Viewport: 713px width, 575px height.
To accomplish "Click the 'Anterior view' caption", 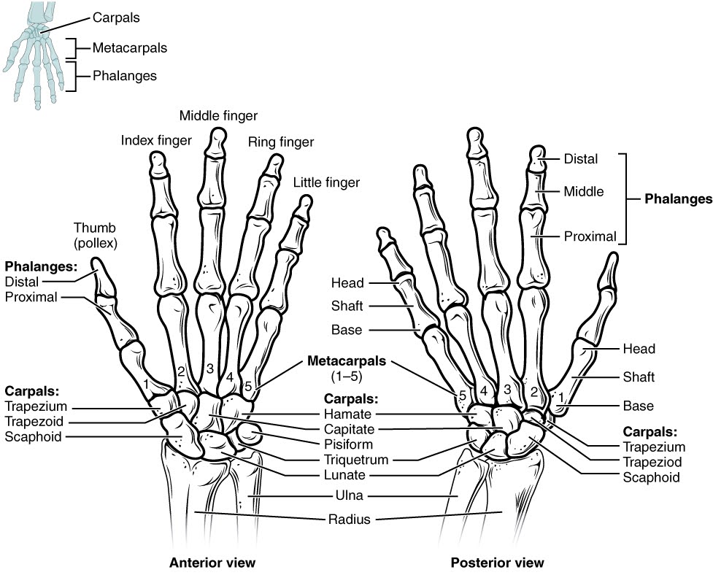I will [x=212, y=563].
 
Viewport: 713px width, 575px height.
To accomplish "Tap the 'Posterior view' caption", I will [x=497, y=563].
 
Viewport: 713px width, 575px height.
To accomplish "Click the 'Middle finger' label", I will [x=218, y=115].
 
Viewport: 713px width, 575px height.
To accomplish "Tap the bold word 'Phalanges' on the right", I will [x=678, y=198].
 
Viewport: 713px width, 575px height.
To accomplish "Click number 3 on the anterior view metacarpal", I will [x=209, y=368].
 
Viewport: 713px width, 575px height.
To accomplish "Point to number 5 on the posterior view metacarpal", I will [x=461, y=395].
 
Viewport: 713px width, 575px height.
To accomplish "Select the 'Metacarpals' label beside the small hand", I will [x=129, y=48].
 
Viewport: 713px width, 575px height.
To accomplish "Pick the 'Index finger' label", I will [x=156, y=139].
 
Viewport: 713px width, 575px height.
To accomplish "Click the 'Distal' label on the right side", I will [x=580, y=158].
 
